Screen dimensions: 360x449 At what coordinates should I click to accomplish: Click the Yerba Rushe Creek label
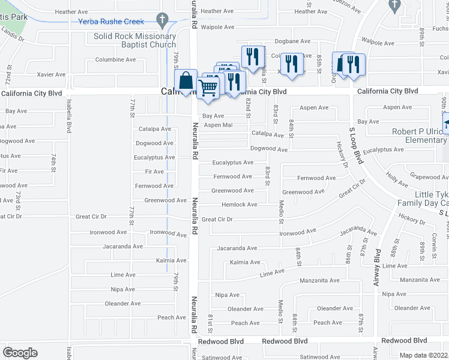pos(111,22)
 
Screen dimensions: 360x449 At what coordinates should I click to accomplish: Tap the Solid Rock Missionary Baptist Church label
pos(134,40)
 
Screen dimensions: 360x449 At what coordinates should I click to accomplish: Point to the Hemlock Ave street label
pos(240,205)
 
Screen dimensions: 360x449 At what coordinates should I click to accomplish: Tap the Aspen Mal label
pos(218,125)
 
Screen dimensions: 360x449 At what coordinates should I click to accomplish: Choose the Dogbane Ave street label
pos(292,41)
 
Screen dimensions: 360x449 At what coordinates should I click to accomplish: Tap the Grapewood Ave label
pos(429,177)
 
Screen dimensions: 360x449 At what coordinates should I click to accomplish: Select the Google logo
pos(20,353)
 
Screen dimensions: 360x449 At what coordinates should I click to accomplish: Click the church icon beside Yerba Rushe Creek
pos(160,19)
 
